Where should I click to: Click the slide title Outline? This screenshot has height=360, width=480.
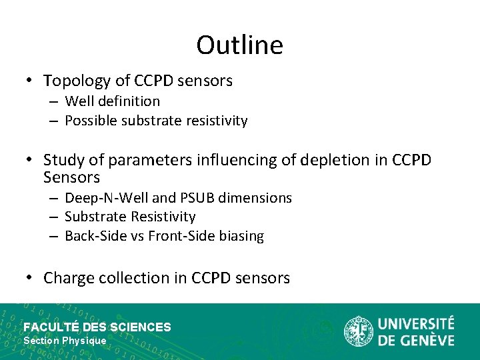tap(239, 45)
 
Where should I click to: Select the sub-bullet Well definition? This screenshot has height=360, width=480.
tap(113, 101)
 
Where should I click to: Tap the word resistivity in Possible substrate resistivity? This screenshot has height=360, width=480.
tap(217, 121)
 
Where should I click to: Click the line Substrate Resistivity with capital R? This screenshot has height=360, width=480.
tap(131, 217)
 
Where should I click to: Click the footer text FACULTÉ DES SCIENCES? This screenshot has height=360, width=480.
tap(97, 327)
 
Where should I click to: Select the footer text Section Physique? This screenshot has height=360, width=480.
tap(65, 341)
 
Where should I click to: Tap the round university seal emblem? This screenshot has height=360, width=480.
tap(358, 331)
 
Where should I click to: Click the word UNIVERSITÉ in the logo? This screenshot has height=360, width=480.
tap(416, 325)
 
